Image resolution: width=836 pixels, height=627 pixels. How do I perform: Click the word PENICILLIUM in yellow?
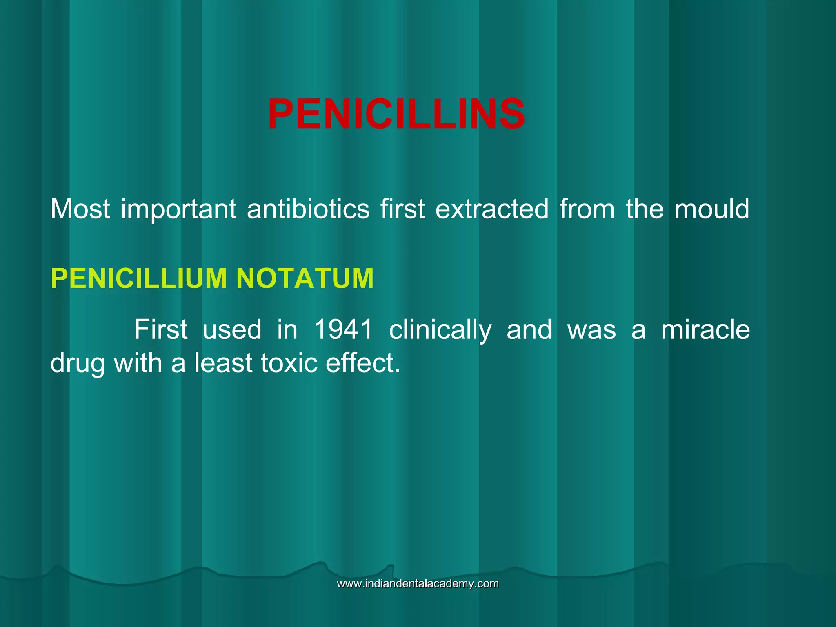click(x=138, y=278)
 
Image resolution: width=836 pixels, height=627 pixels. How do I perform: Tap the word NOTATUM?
click(x=305, y=278)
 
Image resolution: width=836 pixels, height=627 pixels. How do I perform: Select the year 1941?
click(x=344, y=329)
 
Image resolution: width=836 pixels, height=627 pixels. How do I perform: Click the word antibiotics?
click(x=308, y=209)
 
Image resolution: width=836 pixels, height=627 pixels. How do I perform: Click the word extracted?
click(x=492, y=209)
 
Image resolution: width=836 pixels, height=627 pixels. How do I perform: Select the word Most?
click(x=80, y=209)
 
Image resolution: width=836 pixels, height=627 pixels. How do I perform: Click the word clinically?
click(x=440, y=330)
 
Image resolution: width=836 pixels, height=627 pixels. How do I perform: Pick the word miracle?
click(x=705, y=329)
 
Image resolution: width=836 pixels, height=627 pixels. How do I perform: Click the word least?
click(x=223, y=363)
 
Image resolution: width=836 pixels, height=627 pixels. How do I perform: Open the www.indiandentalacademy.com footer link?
click(x=418, y=584)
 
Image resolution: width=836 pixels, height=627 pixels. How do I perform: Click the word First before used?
click(x=161, y=329)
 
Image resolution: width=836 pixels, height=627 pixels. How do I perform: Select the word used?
click(x=232, y=329)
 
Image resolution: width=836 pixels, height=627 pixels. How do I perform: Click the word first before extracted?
click(x=402, y=209)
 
